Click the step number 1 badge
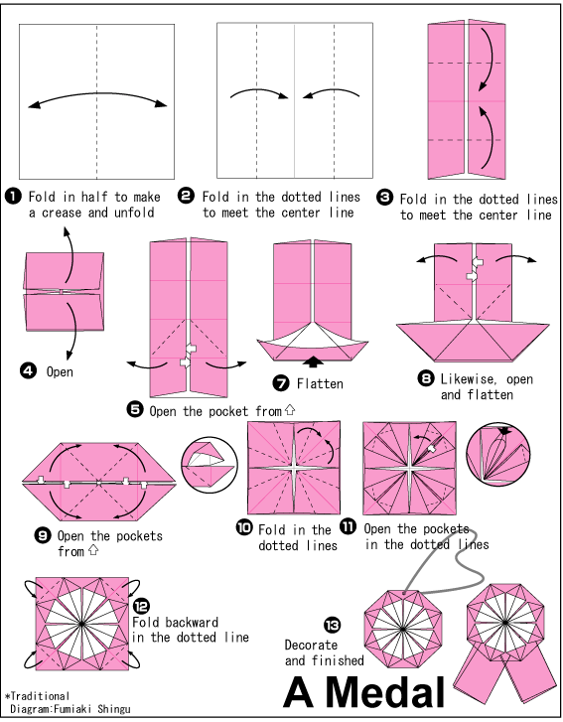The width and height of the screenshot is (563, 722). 14,196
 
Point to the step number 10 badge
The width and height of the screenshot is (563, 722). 243,528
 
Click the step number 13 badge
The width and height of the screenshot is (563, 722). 331,624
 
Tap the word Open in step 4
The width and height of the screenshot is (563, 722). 61,371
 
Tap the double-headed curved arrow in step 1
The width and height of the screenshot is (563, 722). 96,98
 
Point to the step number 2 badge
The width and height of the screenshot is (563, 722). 186,196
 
